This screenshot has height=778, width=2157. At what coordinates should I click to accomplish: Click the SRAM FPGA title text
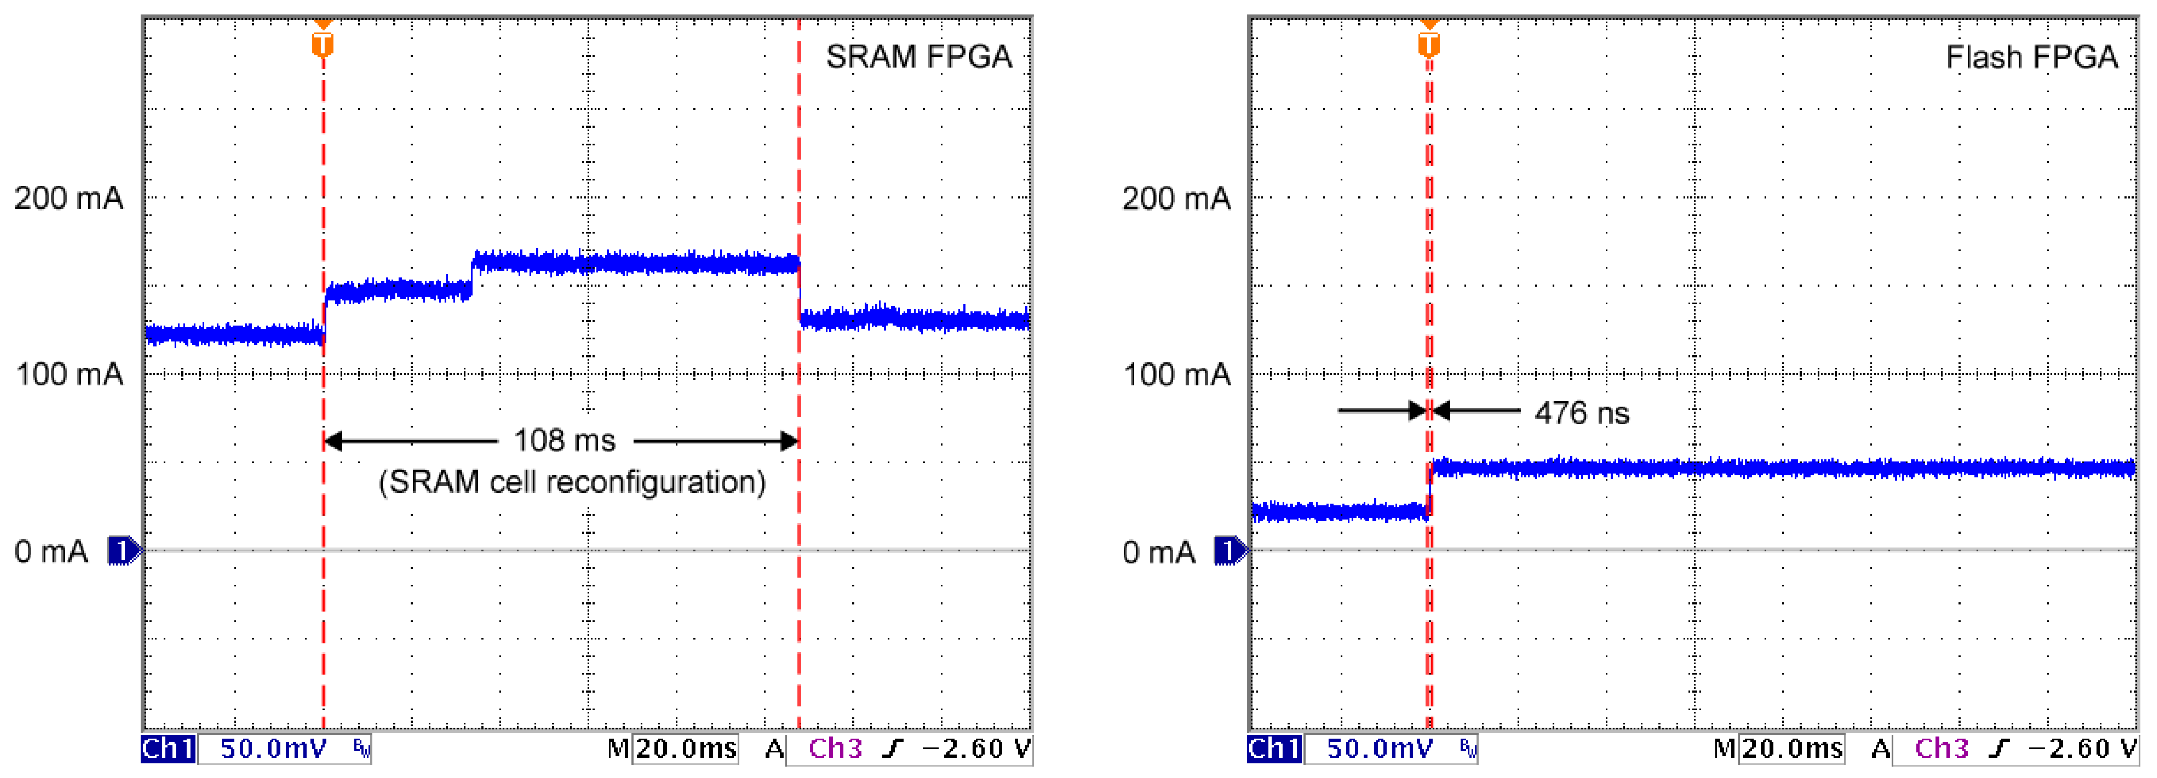pos(919,57)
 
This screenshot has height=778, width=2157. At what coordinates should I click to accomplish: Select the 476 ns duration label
pos(1581,413)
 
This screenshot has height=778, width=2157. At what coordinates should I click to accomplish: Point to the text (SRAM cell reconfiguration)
pos(572,482)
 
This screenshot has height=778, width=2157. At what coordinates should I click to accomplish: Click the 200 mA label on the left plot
pos(69,199)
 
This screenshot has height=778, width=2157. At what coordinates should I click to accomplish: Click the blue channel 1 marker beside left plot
pos(124,551)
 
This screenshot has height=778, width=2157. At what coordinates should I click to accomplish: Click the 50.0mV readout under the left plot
pos(273,748)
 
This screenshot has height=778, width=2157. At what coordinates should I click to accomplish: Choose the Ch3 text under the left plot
pos(835,748)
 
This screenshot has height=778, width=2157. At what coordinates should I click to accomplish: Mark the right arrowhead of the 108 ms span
pos(789,441)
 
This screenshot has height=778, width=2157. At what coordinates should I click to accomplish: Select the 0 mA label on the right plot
pos(1158,552)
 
